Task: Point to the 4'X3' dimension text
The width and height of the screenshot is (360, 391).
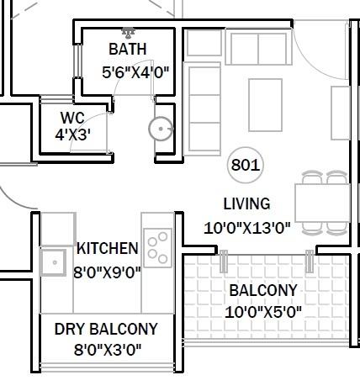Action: [73, 135]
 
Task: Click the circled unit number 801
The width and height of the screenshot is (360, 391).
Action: [245, 165]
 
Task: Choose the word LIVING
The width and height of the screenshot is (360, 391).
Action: [246, 203]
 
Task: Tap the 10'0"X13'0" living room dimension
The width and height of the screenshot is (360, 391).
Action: [246, 226]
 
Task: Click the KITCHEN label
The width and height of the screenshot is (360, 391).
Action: [108, 249]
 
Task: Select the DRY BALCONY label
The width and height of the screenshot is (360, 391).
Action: [106, 329]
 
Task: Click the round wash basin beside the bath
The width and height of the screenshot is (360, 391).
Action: [160, 129]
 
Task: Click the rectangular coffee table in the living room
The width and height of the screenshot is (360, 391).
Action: [266, 105]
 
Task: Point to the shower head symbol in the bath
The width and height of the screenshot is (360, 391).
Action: [128, 34]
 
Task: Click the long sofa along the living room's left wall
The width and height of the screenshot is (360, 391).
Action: [201, 107]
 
